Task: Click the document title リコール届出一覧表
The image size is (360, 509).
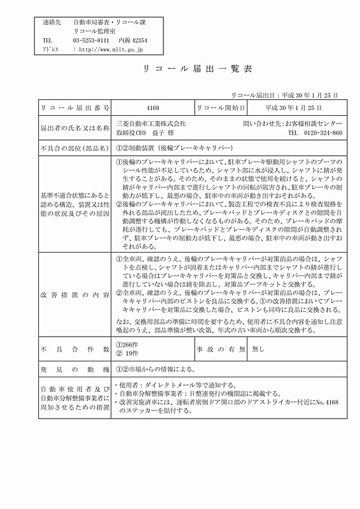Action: [181, 68]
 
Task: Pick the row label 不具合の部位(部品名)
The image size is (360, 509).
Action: [75, 148]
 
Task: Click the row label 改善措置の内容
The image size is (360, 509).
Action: [75, 295]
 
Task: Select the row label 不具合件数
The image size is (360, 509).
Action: [75, 349]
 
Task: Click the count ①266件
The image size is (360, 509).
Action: [128, 344]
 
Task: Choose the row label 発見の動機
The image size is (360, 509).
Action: [75, 369]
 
